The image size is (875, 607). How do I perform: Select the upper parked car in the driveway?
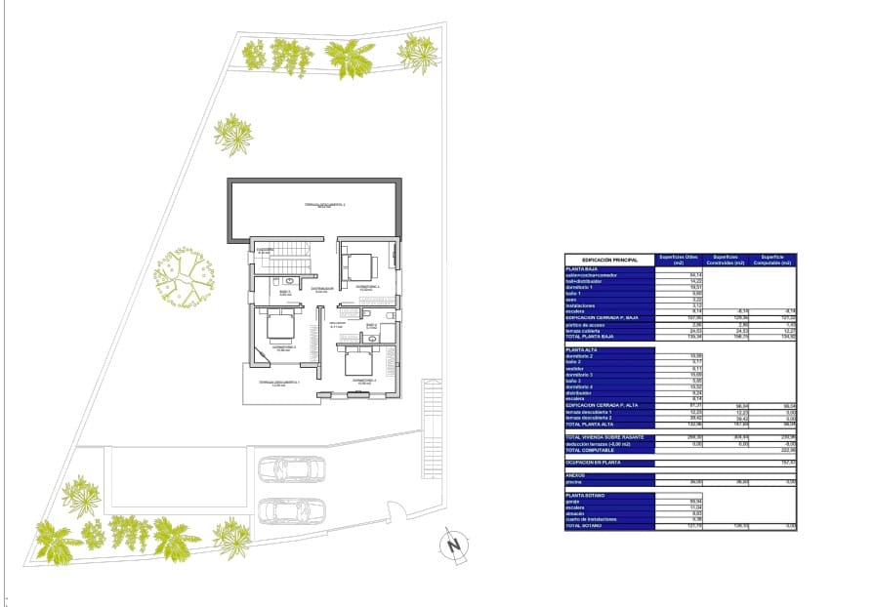[291, 470]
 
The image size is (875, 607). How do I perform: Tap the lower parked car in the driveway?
[291, 510]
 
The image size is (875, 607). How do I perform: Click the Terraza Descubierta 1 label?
[278, 384]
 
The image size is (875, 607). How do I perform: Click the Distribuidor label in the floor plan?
[323, 289]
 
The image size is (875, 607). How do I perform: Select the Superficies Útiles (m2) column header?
[678, 260]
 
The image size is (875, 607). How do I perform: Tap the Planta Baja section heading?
[583, 268]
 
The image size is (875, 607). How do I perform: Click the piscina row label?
[574, 482]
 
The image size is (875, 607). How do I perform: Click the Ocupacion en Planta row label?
[597, 462]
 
